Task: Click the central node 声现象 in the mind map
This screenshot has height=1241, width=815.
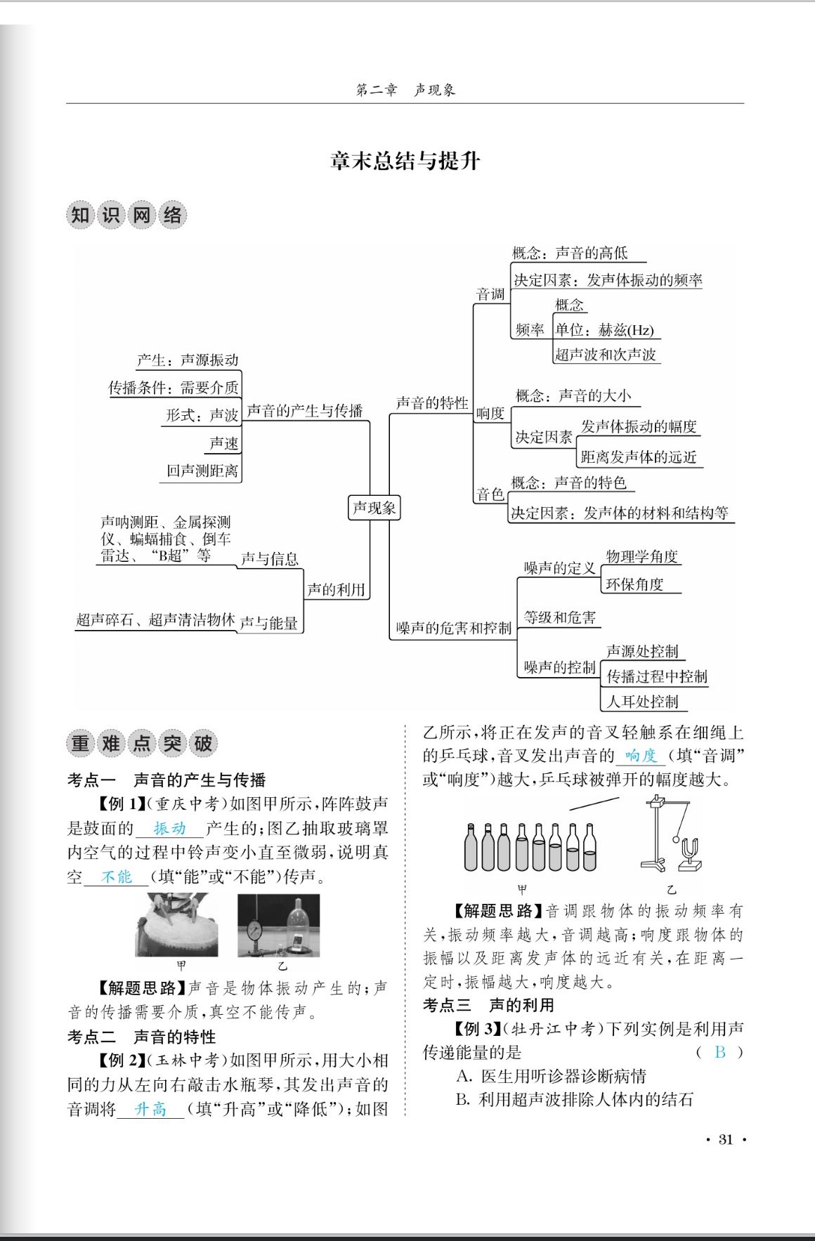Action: click(x=374, y=508)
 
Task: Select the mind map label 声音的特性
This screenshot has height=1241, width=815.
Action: click(x=431, y=402)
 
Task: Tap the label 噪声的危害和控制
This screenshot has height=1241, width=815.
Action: click(x=453, y=627)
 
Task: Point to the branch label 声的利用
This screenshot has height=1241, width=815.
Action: click(x=336, y=589)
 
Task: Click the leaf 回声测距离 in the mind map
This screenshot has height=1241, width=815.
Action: click(x=202, y=471)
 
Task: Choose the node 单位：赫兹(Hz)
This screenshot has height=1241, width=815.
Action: click(x=604, y=330)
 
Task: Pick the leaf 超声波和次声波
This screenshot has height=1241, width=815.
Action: click(x=606, y=354)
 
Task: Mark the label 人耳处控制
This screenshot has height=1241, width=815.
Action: click(x=642, y=701)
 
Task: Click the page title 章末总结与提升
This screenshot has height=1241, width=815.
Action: click(x=405, y=161)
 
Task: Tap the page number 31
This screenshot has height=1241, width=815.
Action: click(x=726, y=1139)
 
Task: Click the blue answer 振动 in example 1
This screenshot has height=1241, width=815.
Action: click(x=170, y=829)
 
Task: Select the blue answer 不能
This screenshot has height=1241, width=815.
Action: click(x=117, y=876)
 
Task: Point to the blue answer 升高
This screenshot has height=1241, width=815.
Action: click(x=150, y=1109)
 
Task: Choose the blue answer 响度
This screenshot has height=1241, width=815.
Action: click(x=641, y=756)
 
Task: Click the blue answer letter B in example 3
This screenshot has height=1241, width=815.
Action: click(x=719, y=1052)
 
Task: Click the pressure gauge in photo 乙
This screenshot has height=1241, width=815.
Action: click(x=254, y=933)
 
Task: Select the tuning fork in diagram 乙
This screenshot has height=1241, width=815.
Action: click(x=689, y=851)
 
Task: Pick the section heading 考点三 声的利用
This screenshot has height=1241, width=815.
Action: click(x=488, y=1005)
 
